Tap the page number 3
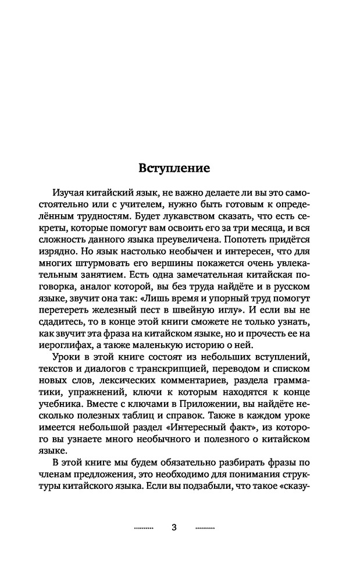(174, 527)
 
